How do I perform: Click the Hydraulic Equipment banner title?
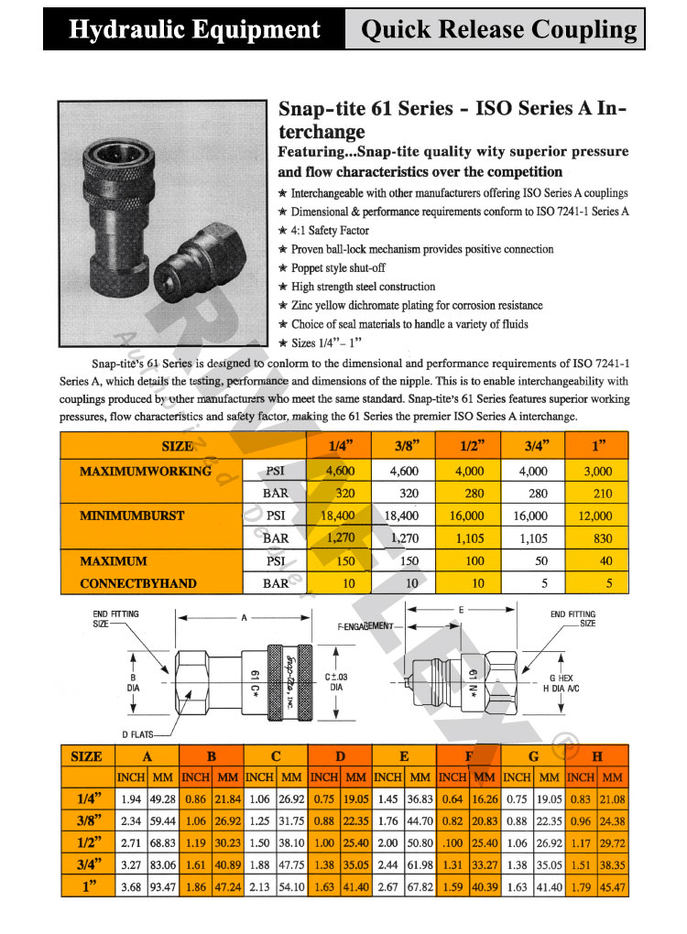point(194,29)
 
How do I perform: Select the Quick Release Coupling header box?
point(499,29)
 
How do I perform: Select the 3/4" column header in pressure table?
point(534,446)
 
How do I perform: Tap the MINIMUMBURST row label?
point(132,516)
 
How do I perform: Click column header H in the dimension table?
point(597,756)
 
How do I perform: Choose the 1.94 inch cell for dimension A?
point(131,799)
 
